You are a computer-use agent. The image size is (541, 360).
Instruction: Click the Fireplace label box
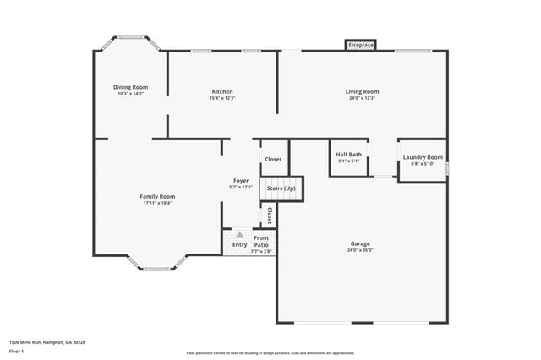point(361,46)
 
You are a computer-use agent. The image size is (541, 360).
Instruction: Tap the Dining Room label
point(131,87)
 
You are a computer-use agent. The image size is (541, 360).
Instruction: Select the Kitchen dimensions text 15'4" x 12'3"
point(222,99)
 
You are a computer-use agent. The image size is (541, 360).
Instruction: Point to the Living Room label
point(361,91)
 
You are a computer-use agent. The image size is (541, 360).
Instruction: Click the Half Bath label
point(348,155)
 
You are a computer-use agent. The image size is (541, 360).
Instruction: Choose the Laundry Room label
point(422,157)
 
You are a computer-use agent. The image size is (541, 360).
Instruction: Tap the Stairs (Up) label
point(281,188)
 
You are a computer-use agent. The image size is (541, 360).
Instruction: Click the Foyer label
point(240,181)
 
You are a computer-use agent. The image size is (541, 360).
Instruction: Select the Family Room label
point(158,196)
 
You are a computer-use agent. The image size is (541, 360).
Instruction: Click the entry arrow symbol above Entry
point(240,235)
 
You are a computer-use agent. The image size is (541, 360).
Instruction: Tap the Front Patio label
point(261,241)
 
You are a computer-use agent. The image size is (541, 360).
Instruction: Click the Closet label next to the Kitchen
point(273,159)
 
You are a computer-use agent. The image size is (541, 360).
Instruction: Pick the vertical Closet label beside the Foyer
point(270,215)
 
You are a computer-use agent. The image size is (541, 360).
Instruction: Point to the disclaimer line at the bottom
point(270,353)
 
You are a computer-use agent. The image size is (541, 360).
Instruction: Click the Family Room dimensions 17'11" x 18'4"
point(158,203)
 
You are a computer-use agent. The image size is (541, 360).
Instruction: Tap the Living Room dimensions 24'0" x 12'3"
point(361,98)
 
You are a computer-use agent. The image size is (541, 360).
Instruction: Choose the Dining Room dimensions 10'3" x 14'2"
point(131,94)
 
